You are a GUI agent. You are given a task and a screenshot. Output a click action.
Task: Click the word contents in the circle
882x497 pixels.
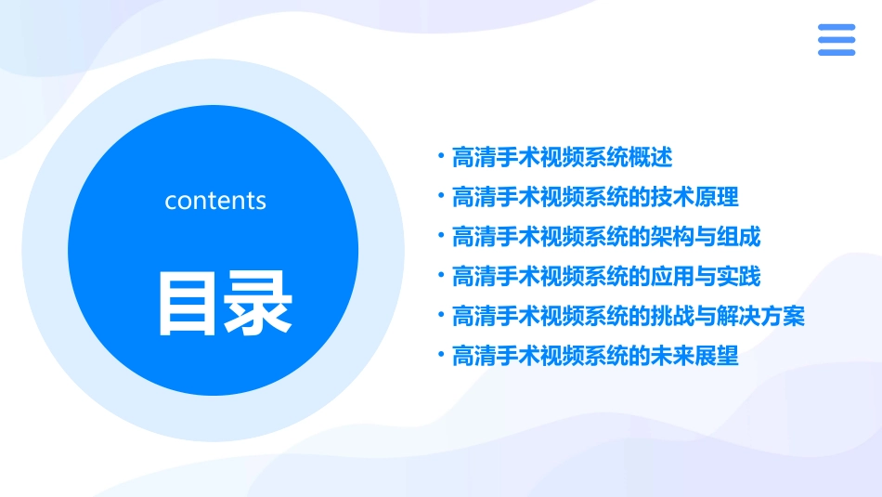(214, 201)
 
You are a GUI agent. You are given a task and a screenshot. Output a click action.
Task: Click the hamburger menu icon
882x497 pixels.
(836, 40)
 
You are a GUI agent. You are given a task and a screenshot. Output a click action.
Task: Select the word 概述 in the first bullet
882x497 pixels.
(651, 158)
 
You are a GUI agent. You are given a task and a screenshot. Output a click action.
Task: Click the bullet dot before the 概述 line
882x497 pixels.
(441, 156)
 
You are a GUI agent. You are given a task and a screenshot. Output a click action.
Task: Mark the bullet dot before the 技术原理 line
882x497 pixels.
(441, 195)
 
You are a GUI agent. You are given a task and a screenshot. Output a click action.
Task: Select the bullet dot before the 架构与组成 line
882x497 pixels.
(441, 235)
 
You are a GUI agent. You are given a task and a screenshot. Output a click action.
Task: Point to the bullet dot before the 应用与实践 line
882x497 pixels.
(441, 275)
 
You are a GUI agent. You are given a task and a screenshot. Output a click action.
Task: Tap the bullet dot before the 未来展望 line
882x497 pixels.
(441, 354)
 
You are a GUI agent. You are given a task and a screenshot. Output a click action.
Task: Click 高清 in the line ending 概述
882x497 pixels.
(473, 158)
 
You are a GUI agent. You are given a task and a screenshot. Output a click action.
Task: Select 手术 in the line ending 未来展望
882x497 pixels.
(518, 356)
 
